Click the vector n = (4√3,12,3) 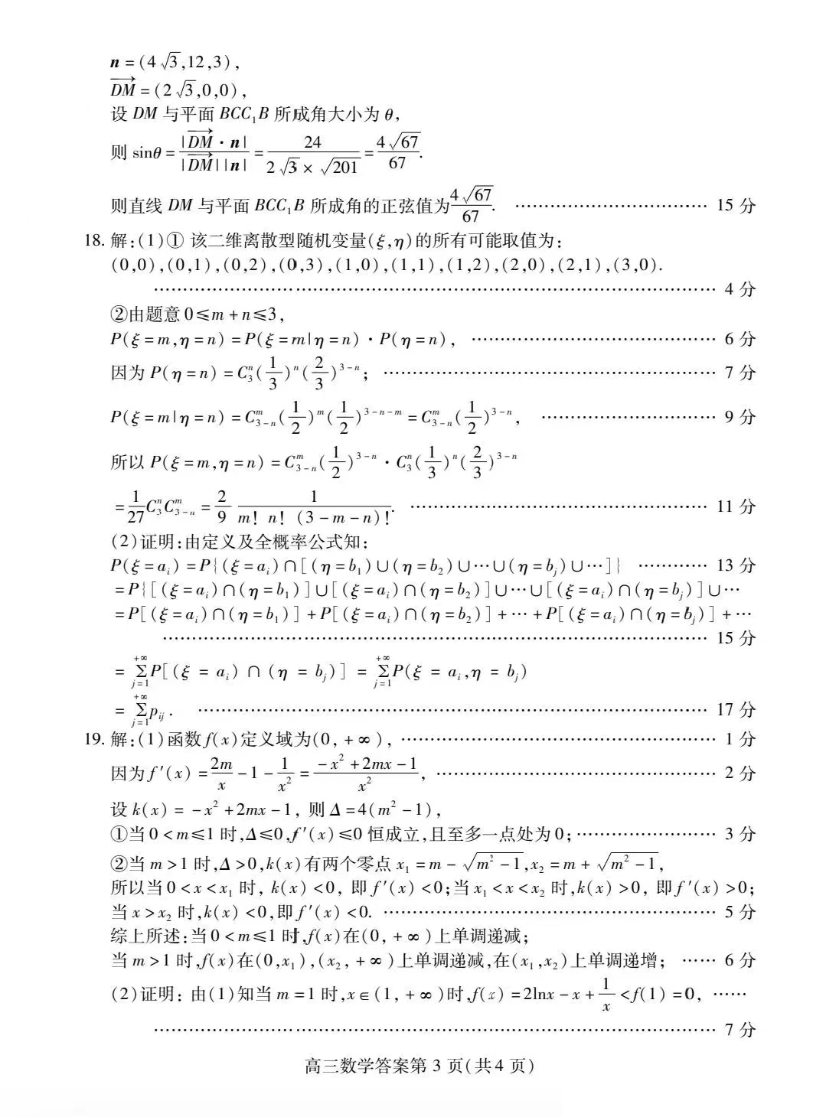pos(176,63)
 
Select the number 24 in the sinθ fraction pos(312,142)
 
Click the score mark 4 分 pos(739,289)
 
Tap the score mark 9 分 pos(739,417)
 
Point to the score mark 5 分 pos(739,912)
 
